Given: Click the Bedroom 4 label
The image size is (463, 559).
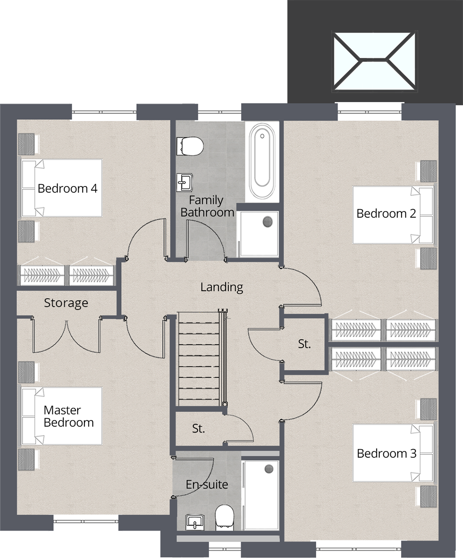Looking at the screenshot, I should pyautogui.click(x=67, y=189).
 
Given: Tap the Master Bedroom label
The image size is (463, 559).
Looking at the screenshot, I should pyautogui.click(x=68, y=416).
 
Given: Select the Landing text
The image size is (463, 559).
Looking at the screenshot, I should pyautogui.click(x=221, y=287).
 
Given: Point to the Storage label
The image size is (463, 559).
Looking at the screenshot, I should pyautogui.click(x=66, y=303).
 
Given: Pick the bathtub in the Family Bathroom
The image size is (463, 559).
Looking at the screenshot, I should pyautogui.click(x=262, y=162).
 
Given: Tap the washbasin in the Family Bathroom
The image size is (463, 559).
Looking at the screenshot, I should pyautogui.click(x=185, y=182).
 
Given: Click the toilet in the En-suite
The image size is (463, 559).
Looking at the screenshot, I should pyautogui.click(x=224, y=518).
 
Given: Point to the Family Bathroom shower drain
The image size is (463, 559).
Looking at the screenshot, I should pyautogui.click(x=267, y=222).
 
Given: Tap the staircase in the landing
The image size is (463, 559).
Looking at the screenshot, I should pyautogui.click(x=200, y=359).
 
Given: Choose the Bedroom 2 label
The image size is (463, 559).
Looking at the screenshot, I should pyautogui.click(x=386, y=214).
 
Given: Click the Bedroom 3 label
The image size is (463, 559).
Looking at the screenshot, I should pyautogui.click(x=387, y=453).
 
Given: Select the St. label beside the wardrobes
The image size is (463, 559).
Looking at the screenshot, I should pyautogui.click(x=304, y=344).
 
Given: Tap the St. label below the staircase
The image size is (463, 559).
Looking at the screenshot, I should pyautogui.click(x=198, y=428).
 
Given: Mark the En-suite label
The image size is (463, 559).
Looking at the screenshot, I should pyautogui.click(x=207, y=484).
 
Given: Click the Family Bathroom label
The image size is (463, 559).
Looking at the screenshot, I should pyautogui.click(x=207, y=206).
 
